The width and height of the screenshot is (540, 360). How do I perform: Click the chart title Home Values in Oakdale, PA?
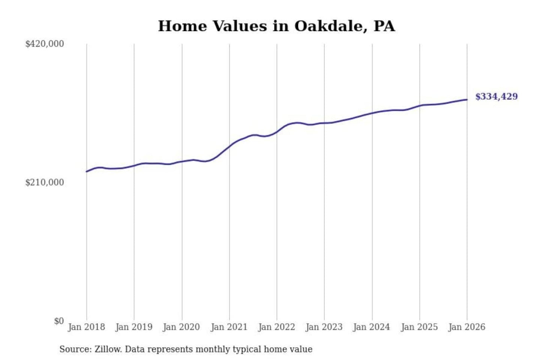pyautogui.click(x=276, y=26)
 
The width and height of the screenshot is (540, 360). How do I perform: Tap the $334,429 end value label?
pyautogui.click(x=496, y=97)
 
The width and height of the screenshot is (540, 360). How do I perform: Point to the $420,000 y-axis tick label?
pyautogui.click(x=45, y=44)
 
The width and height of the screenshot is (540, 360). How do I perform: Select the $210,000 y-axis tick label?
pyautogui.click(x=45, y=183)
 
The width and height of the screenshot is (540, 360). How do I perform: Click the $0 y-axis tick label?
pyautogui.click(x=59, y=321)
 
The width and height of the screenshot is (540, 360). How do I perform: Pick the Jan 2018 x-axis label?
pyautogui.click(x=86, y=327)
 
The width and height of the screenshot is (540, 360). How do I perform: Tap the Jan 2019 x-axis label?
pyautogui.click(x=134, y=327)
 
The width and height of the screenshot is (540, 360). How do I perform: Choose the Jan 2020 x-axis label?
pyautogui.click(x=181, y=327)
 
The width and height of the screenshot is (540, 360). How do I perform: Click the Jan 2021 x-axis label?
pyautogui.click(x=229, y=327)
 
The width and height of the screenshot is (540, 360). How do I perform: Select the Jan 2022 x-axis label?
pyautogui.click(x=277, y=327)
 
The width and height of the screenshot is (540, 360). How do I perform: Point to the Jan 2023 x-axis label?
pyautogui.click(x=324, y=327)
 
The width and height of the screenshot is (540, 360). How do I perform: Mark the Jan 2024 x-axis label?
pyautogui.click(x=372, y=327)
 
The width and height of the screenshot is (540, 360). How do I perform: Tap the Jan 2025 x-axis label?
pyautogui.click(x=419, y=327)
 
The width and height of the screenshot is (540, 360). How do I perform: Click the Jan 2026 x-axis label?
pyautogui.click(x=467, y=327)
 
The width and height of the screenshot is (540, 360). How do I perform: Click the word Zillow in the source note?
pyautogui.click(x=108, y=349)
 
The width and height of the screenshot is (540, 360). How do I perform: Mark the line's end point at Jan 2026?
pyautogui.click(x=467, y=99)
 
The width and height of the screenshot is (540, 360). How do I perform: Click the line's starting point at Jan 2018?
pyautogui.click(x=87, y=171)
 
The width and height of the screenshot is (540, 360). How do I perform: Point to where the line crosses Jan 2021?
pyautogui.click(x=229, y=145)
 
